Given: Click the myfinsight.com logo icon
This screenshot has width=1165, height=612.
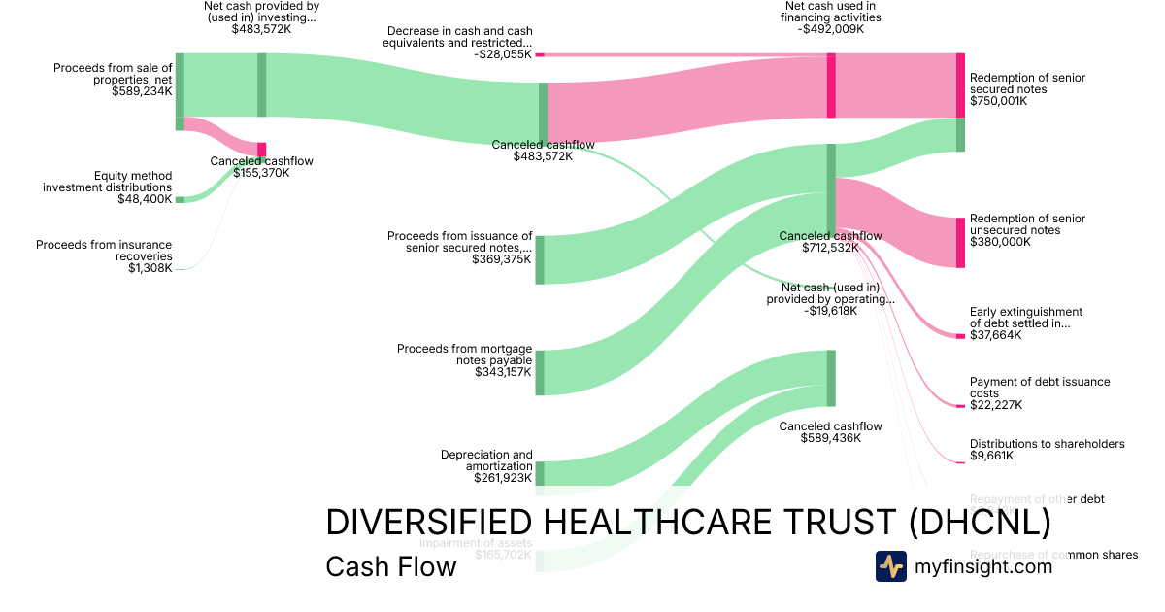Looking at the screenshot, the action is (891, 566).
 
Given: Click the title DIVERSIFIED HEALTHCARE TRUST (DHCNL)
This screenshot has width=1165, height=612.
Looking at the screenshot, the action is (687, 523).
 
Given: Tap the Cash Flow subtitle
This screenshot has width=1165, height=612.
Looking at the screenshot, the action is (390, 566).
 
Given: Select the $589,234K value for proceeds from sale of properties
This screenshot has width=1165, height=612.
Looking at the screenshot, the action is (142, 91).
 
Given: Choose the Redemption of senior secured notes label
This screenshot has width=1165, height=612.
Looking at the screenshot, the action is (1027, 84).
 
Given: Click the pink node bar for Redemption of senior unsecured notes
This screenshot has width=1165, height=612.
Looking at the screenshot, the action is (960, 242).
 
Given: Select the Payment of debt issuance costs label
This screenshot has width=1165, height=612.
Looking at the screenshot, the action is (1040, 388).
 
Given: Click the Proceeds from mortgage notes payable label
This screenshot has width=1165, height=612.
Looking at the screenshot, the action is (464, 355).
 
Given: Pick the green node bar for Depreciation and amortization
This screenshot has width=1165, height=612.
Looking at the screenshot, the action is (540, 473).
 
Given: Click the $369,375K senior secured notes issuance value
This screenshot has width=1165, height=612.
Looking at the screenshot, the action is (502, 259).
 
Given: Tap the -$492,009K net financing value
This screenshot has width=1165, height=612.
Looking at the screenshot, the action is (831, 29).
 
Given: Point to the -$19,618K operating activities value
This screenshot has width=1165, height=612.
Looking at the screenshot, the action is (830, 311).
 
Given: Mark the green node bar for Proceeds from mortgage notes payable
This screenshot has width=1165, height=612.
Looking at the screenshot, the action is (540, 372).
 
